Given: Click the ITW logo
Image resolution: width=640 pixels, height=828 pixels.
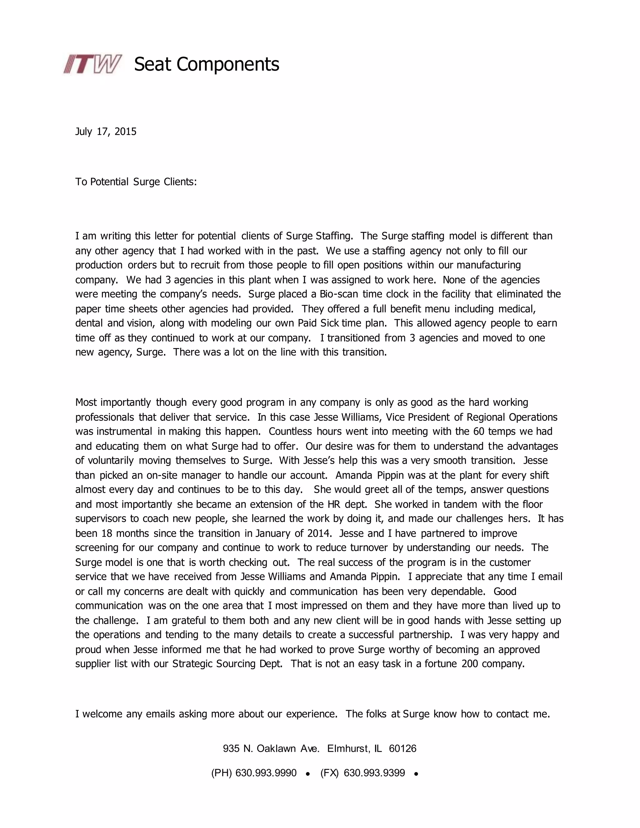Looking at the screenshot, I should [x=92, y=64].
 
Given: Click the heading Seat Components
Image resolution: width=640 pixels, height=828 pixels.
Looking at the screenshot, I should [x=207, y=64].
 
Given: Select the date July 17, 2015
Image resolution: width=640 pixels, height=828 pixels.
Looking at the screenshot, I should [x=106, y=132].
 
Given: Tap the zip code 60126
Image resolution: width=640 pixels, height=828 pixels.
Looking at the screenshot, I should [x=402, y=749].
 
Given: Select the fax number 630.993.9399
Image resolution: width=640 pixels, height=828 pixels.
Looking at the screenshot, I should [x=374, y=773].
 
